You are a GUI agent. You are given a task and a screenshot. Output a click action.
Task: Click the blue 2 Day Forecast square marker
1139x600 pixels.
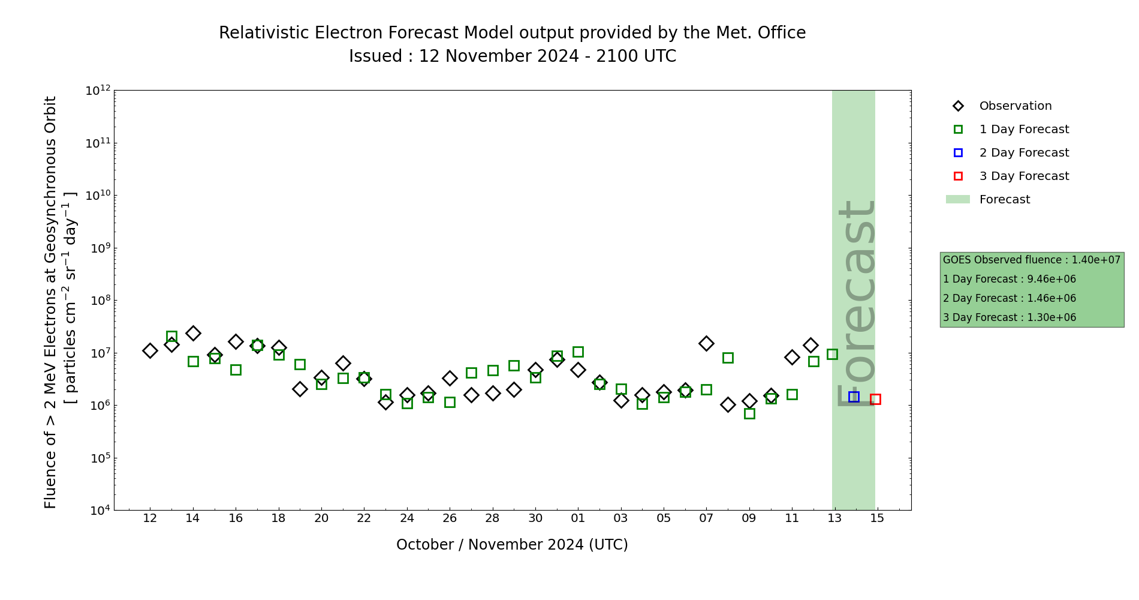854,397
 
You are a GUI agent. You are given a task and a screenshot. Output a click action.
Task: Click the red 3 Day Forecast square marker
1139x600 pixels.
875,399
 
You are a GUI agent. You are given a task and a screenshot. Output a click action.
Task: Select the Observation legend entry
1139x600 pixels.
1015,106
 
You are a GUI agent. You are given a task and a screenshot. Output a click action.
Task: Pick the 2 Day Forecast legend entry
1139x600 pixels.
1023,153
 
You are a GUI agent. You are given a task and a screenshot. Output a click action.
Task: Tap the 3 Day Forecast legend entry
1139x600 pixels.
1023,176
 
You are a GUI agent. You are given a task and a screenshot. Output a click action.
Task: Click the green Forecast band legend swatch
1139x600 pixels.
957,200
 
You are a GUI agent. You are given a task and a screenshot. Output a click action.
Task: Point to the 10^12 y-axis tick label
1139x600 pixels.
98,91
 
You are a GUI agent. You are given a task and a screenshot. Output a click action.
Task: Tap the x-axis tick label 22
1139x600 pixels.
364,518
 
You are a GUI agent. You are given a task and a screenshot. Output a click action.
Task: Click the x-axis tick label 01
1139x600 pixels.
578,518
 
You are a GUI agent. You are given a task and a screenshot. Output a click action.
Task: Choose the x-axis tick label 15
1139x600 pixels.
877,518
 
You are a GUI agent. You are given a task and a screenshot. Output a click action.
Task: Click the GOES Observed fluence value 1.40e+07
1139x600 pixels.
1096,260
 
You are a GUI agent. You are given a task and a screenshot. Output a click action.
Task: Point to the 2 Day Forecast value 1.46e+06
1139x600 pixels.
1051,299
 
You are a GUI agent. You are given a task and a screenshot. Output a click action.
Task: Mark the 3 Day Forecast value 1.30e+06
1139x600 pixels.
1051,318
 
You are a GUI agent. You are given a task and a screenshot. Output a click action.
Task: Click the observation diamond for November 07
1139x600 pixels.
706,343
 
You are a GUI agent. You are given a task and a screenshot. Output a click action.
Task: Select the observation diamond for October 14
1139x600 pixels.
192,333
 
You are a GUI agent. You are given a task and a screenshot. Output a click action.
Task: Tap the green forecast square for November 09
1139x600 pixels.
749,413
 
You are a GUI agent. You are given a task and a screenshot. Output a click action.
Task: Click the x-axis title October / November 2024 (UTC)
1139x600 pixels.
512,545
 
